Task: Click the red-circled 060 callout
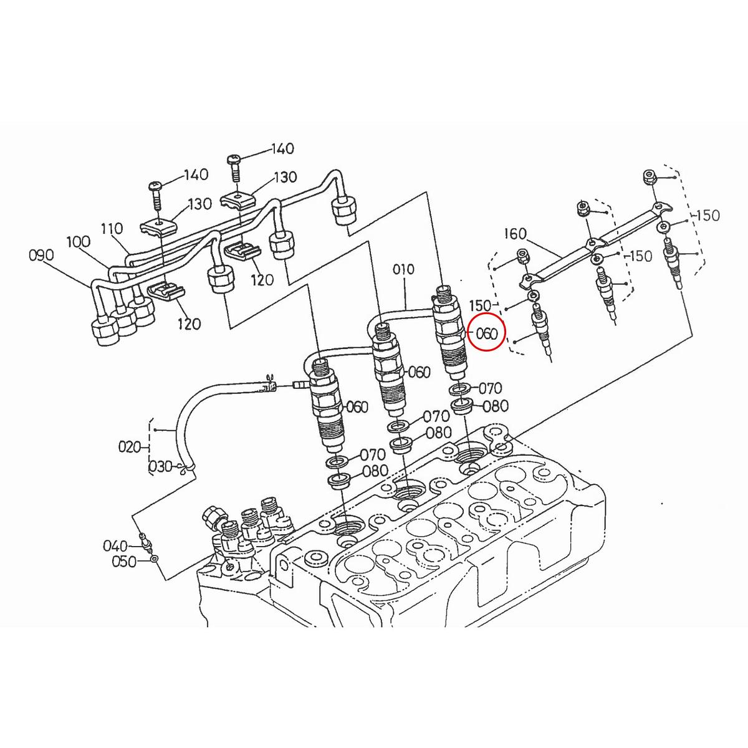[x=486, y=333]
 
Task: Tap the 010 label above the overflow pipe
[x=403, y=269]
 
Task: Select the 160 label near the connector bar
[x=515, y=234]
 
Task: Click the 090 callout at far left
[x=41, y=255]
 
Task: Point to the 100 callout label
[x=77, y=241]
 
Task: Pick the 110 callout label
[x=112, y=229]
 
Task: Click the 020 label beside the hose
[x=130, y=446]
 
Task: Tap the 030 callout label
[x=160, y=466]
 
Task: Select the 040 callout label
[x=115, y=546]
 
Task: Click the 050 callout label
[x=123, y=562]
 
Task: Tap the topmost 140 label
[x=282, y=149]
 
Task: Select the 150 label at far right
[x=707, y=215]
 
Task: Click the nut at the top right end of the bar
[x=648, y=178]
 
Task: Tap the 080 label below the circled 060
[x=496, y=406]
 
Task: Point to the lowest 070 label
[x=373, y=456]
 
